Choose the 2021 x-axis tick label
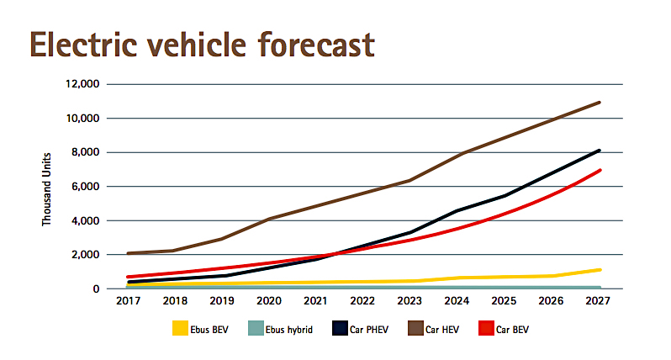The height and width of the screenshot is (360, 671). pyautogui.click(x=315, y=301)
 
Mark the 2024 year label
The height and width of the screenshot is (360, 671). pyautogui.click(x=457, y=301)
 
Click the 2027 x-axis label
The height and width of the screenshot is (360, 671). pyautogui.click(x=600, y=301)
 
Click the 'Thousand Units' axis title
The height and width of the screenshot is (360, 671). pyautogui.click(x=48, y=187)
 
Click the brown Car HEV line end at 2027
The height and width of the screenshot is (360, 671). pyautogui.click(x=600, y=103)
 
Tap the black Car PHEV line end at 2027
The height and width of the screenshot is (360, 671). pyautogui.click(x=600, y=151)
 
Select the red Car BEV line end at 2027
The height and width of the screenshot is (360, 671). pyautogui.click(x=600, y=171)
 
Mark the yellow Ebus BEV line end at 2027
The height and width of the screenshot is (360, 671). pyautogui.click(x=600, y=270)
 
